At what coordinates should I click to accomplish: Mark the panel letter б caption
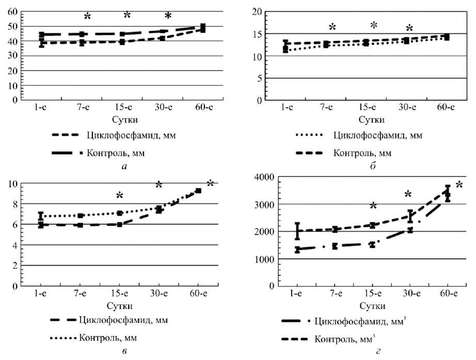click(x=366, y=166)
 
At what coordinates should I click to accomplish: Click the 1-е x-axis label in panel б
click(x=287, y=107)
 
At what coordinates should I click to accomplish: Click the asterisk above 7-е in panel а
click(x=87, y=17)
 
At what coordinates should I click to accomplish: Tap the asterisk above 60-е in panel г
click(x=459, y=185)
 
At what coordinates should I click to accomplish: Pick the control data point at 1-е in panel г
click(x=297, y=231)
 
